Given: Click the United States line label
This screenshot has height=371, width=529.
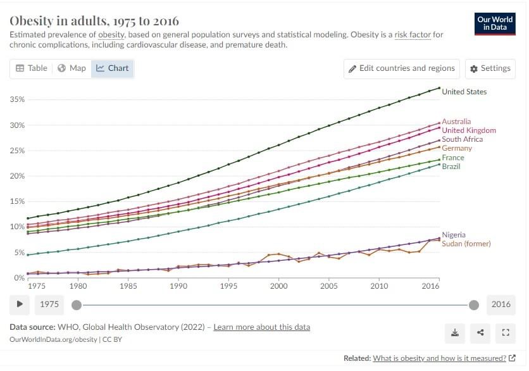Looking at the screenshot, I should [x=464, y=92].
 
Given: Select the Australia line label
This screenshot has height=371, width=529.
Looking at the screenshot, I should [x=456, y=122].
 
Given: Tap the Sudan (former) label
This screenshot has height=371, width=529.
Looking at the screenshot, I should [x=466, y=244].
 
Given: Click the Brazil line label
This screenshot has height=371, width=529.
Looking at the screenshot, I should [x=451, y=167].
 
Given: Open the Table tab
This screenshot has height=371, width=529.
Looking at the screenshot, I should [x=32, y=68].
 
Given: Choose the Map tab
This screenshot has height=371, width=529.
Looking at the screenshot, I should [x=72, y=68].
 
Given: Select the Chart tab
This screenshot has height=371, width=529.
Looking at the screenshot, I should [x=112, y=68].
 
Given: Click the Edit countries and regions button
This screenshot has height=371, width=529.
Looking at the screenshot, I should [x=402, y=68].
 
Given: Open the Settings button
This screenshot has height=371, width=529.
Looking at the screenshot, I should [x=490, y=68].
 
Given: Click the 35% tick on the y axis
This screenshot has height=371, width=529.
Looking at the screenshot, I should [x=17, y=100].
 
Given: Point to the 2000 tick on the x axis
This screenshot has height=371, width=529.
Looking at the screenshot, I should [x=278, y=286].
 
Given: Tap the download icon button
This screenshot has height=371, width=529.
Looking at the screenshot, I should [x=455, y=332].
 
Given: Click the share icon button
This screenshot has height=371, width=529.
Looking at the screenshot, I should [x=480, y=332].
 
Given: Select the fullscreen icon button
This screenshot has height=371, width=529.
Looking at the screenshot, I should [x=505, y=332].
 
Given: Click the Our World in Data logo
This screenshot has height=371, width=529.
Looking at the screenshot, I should [x=494, y=24].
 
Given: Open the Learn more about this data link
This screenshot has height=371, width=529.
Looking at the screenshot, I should [x=261, y=327].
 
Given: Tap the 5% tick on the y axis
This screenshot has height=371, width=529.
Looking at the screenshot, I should [x=19, y=253].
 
